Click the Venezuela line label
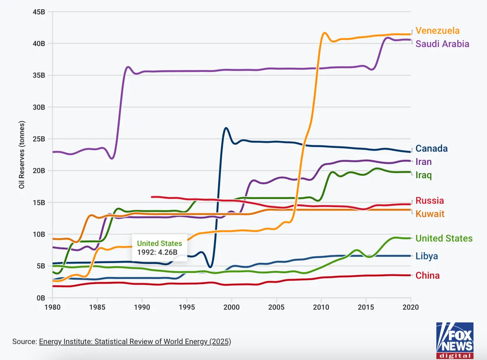tap(437, 31)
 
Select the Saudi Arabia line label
tap(442, 44)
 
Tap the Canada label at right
tap(431, 149)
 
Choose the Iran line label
tap(423, 162)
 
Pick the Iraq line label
tap(423, 175)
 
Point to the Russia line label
tap(429, 200)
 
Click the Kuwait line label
tap(430, 214)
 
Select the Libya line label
tap(427, 256)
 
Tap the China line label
tap(427, 276)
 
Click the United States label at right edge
tap(444, 238)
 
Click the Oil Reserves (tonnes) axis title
tap(22, 155)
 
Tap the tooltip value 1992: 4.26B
tap(157, 252)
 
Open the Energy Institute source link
tap(135, 342)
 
